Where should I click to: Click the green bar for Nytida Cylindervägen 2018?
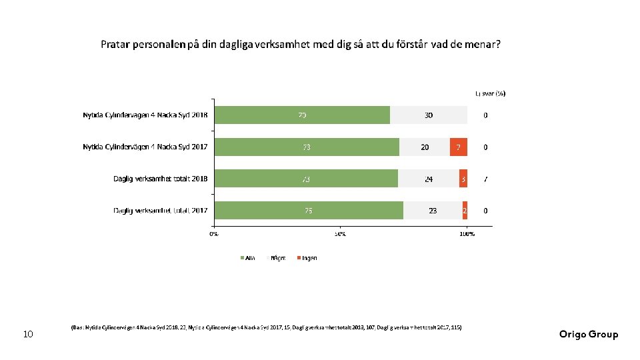coord(301,115)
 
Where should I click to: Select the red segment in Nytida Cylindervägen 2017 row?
coord(458,147)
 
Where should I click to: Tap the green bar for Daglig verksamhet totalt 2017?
coord(308,211)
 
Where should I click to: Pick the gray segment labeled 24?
coord(429,179)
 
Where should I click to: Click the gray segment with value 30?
coord(429,115)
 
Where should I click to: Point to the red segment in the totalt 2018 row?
coord(463,179)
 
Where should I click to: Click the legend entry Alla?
coord(247,258)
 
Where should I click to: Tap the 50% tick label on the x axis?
coord(340,234)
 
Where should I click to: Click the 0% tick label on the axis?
coord(213,234)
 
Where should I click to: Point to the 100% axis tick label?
coord(467,234)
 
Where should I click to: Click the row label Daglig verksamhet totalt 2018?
coord(160,179)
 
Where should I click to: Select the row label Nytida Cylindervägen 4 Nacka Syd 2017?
coord(145,147)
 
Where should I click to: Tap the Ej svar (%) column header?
coord(490,93)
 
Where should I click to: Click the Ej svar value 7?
coord(485,179)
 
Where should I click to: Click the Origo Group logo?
coord(589,335)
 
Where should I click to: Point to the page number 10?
coord(28,334)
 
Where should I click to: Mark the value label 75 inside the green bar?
coord(308,211)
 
